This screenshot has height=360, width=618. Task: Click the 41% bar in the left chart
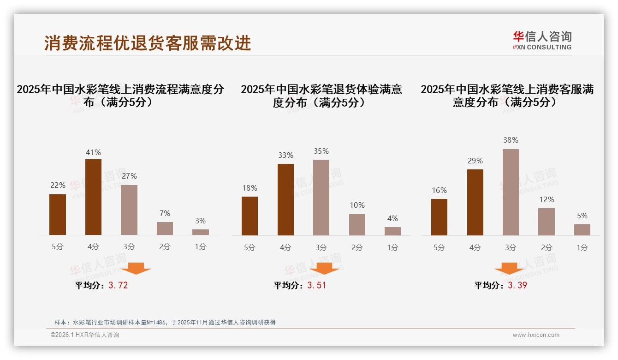pos(93,197)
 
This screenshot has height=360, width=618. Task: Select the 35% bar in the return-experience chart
pos(321,198)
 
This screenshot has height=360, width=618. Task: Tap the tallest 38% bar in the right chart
pos(511,192)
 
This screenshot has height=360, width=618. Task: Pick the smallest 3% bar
pos(201,232)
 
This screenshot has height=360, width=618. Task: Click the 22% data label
pos(58,185)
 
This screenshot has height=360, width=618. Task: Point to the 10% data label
pos(357,205)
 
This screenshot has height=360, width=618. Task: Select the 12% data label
pos(547,199)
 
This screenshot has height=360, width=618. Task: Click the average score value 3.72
pos(118,285)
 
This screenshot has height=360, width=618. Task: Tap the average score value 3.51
pos(316,285)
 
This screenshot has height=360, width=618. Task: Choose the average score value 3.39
pos(517,285)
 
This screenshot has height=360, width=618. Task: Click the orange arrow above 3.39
pos(509,268)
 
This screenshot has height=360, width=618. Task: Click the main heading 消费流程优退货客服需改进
pos(148,43)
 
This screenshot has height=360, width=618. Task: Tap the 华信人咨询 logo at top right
pos(542,40)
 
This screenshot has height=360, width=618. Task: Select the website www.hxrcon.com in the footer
pos(536,335)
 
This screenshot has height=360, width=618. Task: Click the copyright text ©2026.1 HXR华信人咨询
pos(85,335)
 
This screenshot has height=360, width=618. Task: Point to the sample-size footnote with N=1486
pos(165,322)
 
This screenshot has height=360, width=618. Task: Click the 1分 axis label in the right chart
pos(582,247)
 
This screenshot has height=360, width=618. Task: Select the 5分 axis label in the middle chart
pos(250,247)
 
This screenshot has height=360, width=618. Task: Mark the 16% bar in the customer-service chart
pos(439,217)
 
